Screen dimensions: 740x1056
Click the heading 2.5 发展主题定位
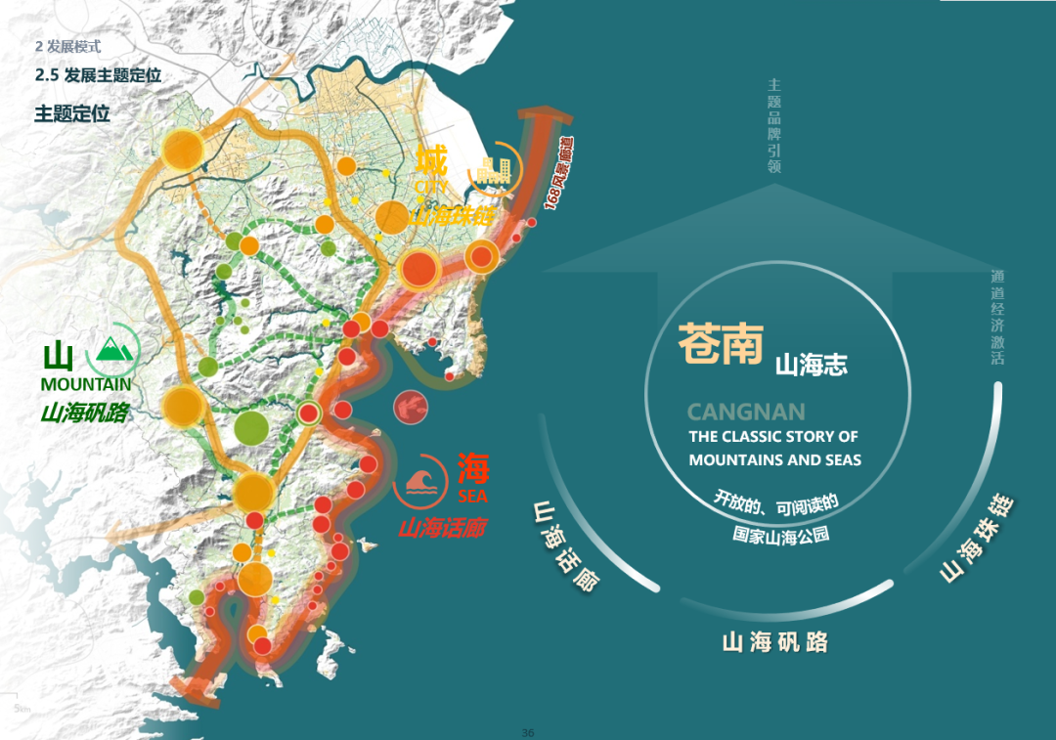(x=98, y=75)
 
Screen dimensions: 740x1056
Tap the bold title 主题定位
(x=72, y=113)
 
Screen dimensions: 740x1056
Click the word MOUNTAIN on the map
(x=86, y=385)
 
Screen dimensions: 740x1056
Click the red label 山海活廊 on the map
(x=442, y=529)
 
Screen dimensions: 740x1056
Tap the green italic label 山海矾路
(x=85, y=413)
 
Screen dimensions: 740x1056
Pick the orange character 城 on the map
(x=431, y=159)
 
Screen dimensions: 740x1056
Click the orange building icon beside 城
(x=490, y=173)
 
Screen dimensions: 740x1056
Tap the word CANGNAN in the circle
(x=746, y=413)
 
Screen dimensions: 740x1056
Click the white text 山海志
(x=811, y=366)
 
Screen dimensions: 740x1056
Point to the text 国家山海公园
(x=780, y=535)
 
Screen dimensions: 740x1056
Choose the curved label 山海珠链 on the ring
(x=977, y=541)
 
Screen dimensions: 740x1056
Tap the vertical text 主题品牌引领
(x=774, y=126)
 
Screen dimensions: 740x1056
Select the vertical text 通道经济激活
(x=996, y=318)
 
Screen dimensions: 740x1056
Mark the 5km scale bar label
(x=21, y=708)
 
